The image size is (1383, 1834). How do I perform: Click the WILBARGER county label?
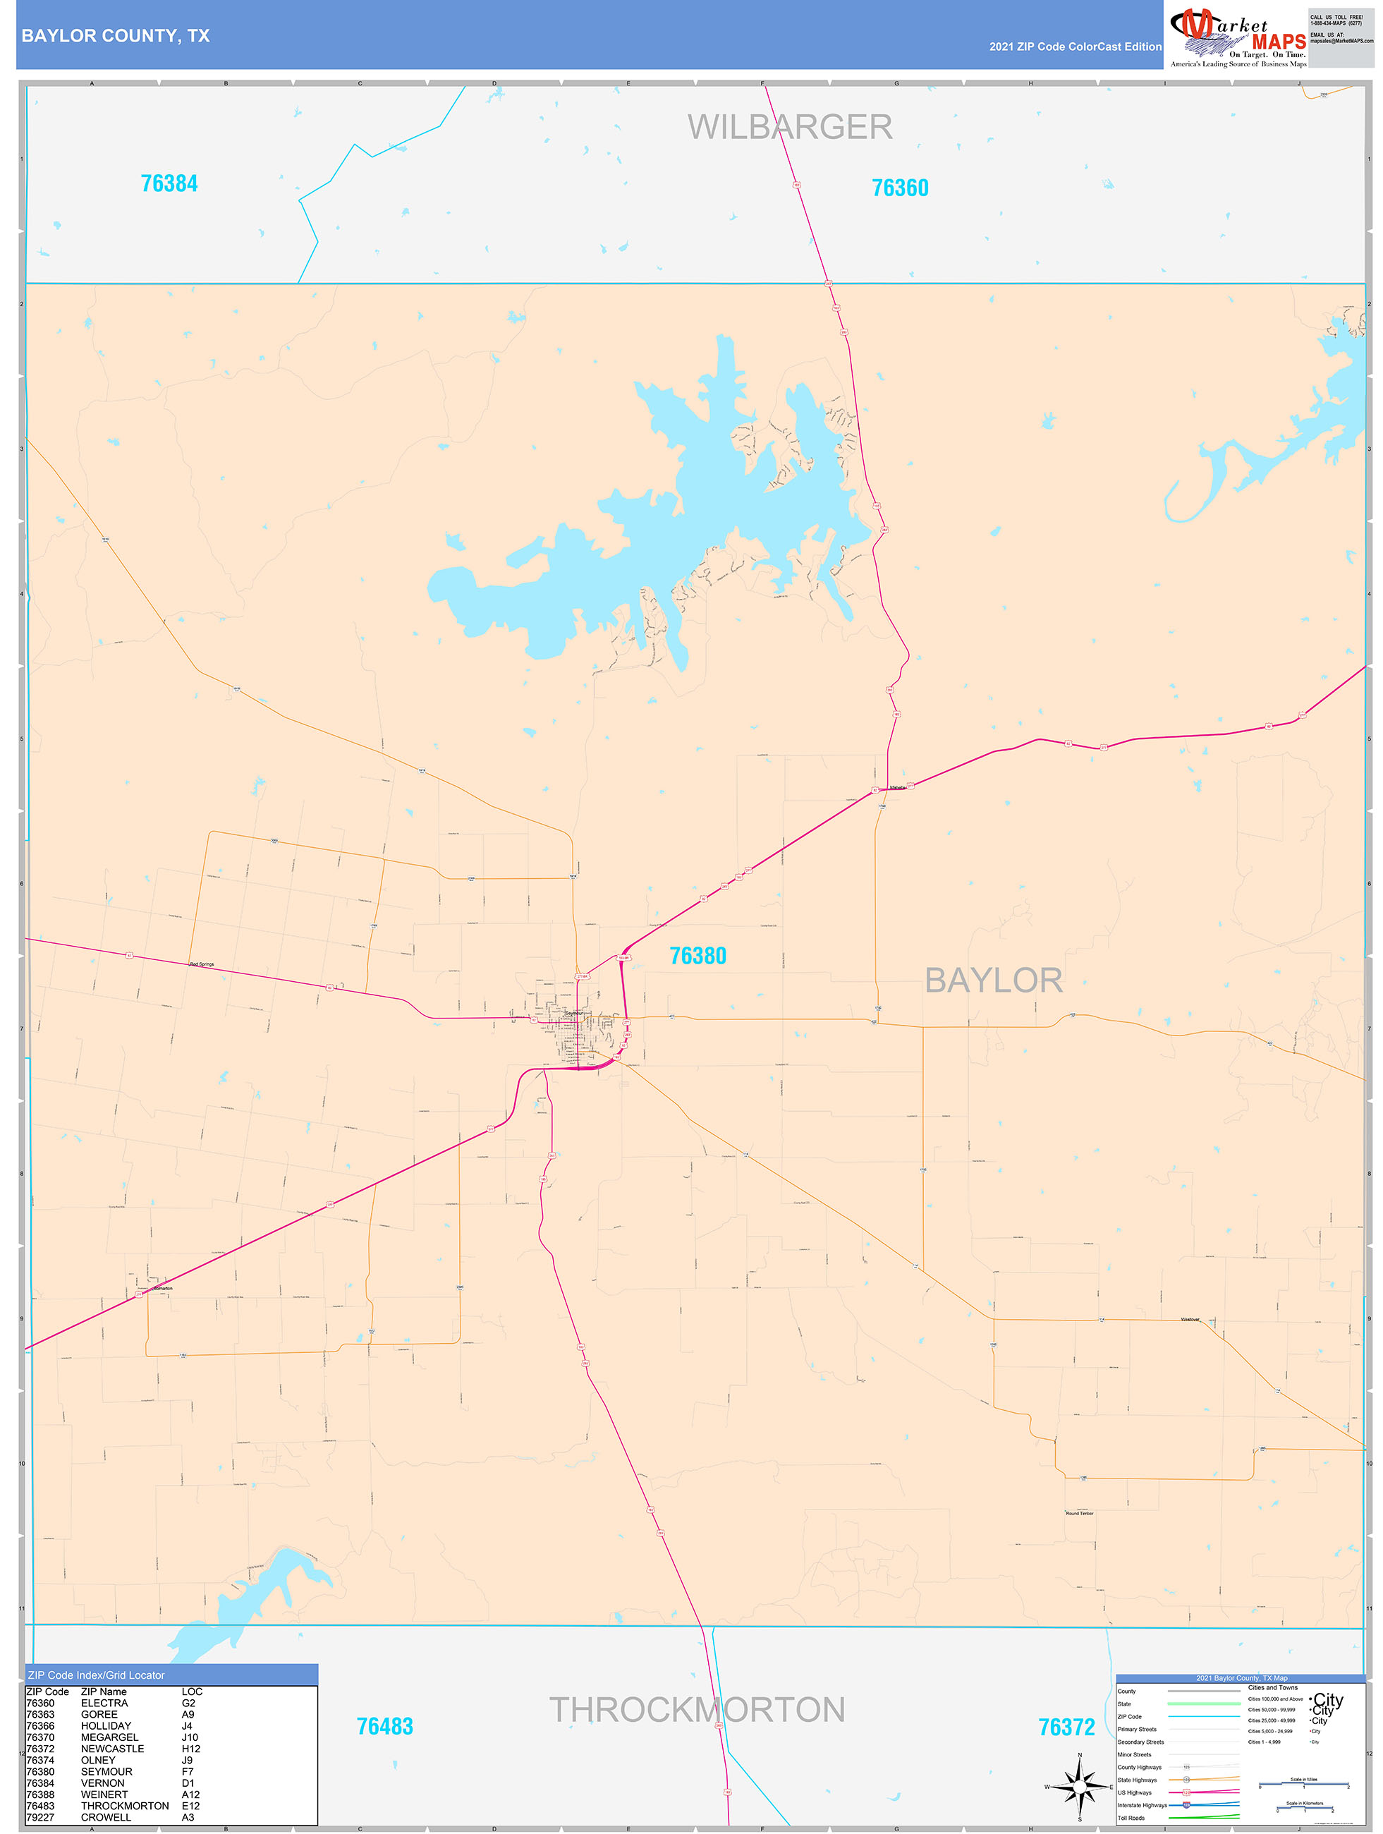tap(789, 128)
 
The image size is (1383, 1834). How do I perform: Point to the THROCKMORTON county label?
tap(697, 1710)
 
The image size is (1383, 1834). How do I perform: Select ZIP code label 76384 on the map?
tap(169, 183)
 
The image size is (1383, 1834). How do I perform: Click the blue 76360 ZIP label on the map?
tap(900, 188)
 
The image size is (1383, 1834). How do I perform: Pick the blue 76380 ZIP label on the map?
tap(697, 956)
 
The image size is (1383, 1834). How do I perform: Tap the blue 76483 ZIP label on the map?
tap(385, 1726)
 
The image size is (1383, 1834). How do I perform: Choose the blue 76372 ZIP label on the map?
tap(1066, 1727)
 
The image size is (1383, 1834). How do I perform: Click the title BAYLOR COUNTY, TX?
tap(115, 36)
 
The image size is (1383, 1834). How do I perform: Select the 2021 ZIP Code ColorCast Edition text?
tap(1075, 47)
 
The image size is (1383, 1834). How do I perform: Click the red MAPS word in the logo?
tap(1279, 42)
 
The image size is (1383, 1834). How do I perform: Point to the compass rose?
tap(1080, 1787)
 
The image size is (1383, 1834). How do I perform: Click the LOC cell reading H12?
tap(190, 1749)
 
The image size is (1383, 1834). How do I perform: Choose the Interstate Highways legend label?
tap(1142, 1805)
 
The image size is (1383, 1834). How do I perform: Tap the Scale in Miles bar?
tap(1303, 1784)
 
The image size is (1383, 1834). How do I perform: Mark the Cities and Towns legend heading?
tap(1273, 1687)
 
